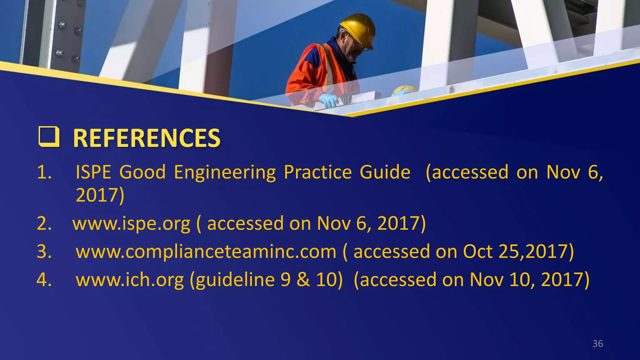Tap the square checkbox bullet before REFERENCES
[x=49, y=137]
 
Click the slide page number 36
[x=597, y=344]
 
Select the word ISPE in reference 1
[x=93, y=172]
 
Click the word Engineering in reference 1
[x=225, y=173]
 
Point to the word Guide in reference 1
[x=385, y=172]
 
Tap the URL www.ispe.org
[x=131, y=224]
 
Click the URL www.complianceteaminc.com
[x=206, y=252]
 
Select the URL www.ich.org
[x=130, y=280]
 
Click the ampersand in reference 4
[x=303, y=279]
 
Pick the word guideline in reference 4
[x=232, y=280]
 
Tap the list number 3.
[x=44, y=252]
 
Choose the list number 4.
[x=44, y=280]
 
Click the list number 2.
[x=44, y=224]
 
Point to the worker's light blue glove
[x=328, y=100]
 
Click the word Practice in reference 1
[x=317, y=172]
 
